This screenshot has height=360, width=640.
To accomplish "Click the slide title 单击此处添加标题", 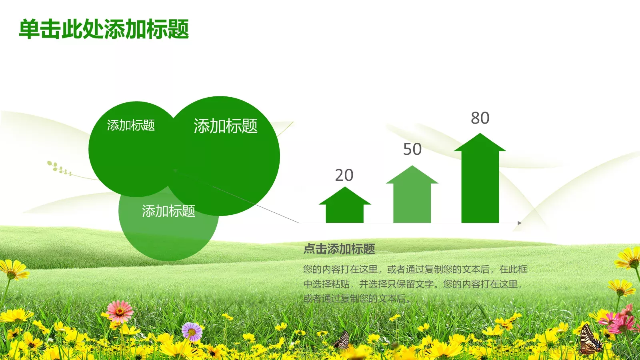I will point(104,29).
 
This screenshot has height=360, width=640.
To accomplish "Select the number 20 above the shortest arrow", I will point(344,175).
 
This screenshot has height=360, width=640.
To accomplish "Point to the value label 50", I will point(412,149).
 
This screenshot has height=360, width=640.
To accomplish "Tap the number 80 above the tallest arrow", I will point(480,118).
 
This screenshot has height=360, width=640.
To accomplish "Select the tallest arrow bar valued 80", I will point(480,180).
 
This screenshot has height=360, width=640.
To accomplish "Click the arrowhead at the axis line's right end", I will point(520,223).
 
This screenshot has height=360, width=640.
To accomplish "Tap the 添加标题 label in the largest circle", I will point(226,126).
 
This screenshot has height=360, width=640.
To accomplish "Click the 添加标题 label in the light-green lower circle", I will point(168,211).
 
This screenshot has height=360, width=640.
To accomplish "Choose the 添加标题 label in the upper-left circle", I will point(131,125).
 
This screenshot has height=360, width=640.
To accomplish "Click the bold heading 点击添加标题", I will point(339,249).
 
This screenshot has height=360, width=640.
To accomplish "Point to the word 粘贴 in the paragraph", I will point(340,284).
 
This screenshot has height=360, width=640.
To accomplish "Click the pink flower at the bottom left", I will point(120,311).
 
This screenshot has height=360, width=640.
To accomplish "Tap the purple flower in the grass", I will point(192,332).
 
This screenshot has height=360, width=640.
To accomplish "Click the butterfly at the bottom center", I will point(342,340).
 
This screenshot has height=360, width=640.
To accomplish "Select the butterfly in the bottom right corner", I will point(590,340).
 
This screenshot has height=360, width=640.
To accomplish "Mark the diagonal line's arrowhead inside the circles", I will point(175,170).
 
